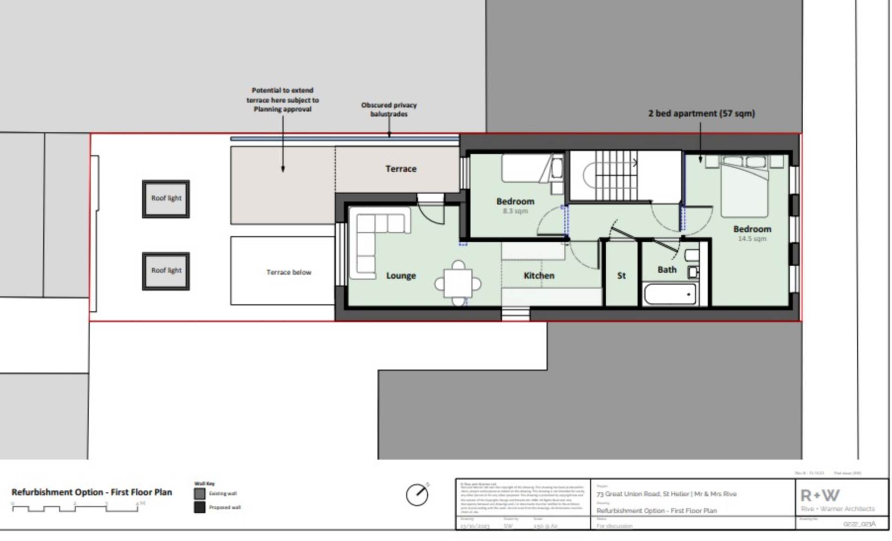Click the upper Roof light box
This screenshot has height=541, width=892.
point(166,199)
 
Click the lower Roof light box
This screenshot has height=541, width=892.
point(166,271)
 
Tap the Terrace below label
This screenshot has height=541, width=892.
point(289,272)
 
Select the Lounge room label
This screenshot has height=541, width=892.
point(401,276)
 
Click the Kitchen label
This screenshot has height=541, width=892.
point(539,276)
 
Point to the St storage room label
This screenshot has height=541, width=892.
point(621,276)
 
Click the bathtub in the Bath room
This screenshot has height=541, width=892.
point(669,295)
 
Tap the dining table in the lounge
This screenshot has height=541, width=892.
point(458,283)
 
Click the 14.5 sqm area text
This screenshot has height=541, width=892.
point(752,239)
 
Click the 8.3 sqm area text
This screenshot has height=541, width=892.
point(515,211)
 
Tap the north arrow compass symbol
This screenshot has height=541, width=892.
point(417,495)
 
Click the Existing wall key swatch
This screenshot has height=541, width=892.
point(200,494)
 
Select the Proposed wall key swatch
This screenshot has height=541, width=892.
point(200,507)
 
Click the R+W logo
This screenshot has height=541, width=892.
point(820,495)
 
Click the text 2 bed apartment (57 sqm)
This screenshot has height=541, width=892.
point(702,113)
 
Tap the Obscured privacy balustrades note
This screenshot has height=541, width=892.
point(389,109)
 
